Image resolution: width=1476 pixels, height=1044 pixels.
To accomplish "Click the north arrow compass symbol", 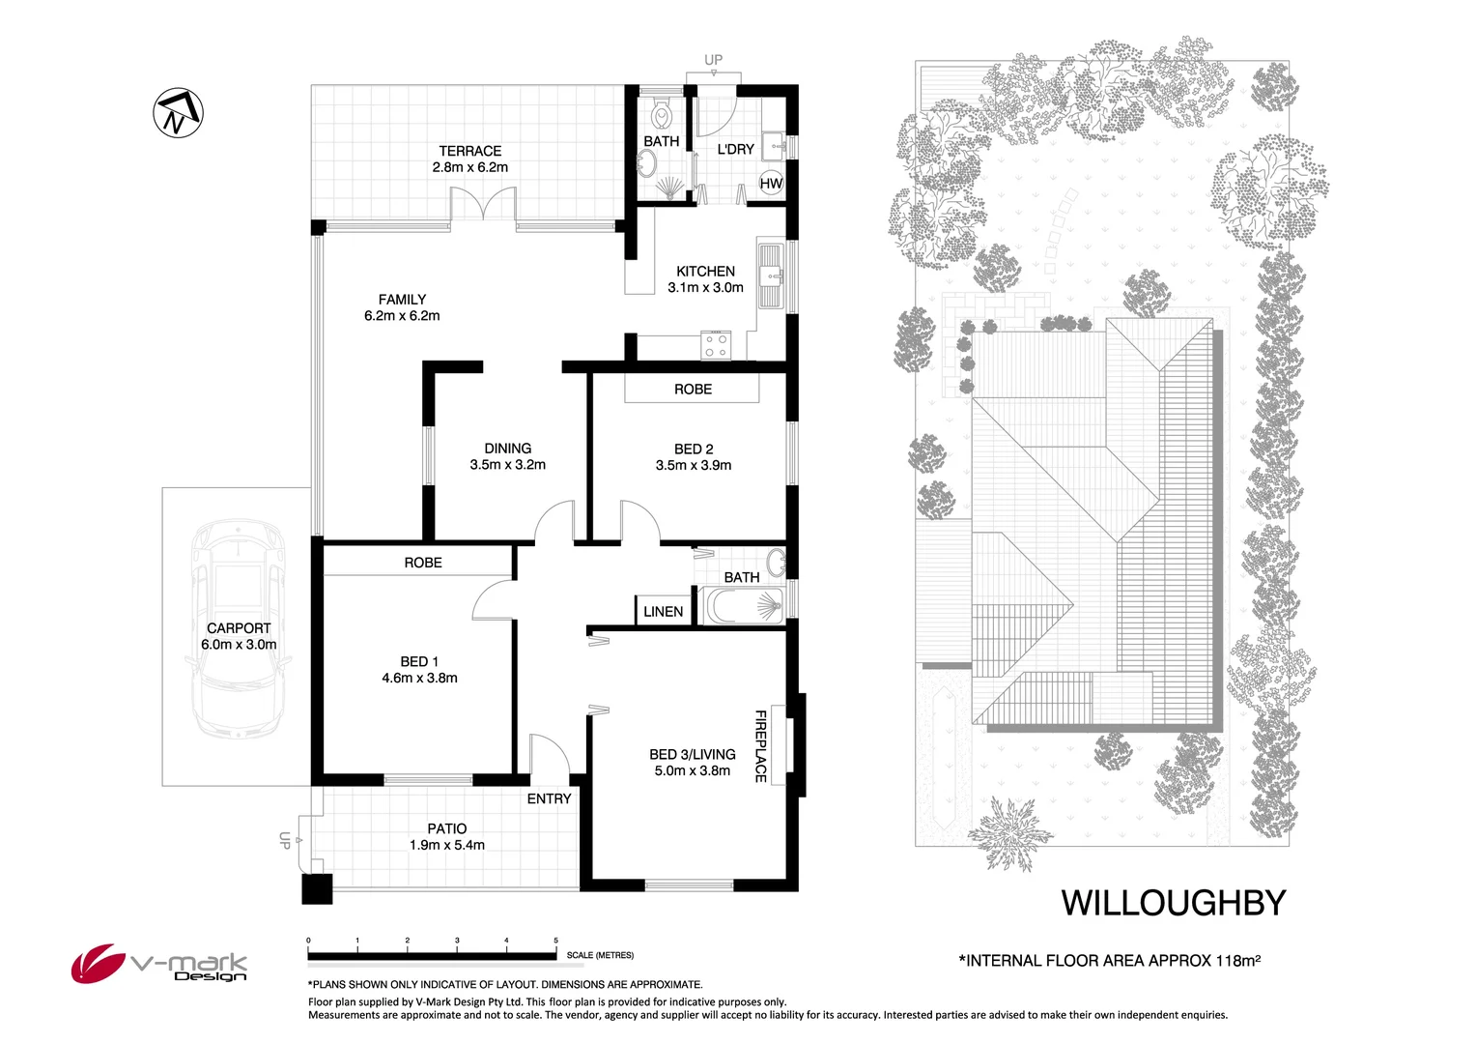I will click(x=178, y=113).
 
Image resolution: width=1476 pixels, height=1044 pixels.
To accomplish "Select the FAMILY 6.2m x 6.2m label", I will click(x=402, y=307).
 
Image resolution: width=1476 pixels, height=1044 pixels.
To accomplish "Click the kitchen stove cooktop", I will click(x=716, y=345).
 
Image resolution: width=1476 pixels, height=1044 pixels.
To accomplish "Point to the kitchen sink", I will click(x=770, y=276).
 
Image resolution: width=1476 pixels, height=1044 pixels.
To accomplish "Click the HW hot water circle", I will click(x=771, y=184).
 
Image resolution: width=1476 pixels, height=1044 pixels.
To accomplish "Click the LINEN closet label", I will click(x=663, y=612).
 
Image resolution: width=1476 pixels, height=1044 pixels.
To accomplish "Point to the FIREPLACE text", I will click(x=760, y=746).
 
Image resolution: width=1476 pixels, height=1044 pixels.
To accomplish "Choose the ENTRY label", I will click(x=549, y=798).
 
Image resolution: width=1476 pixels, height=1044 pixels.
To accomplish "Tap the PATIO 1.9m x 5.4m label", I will click(x=447, y=836).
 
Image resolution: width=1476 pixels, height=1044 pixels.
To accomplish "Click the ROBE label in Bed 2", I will click(x=693, y=390).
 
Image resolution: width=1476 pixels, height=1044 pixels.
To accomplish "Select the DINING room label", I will click(x=507, y=456).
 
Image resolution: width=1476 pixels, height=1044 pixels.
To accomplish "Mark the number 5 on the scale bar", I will click(x=555, y=940).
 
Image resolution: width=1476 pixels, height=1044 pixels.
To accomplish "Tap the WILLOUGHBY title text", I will click(x=1174, y=903).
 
